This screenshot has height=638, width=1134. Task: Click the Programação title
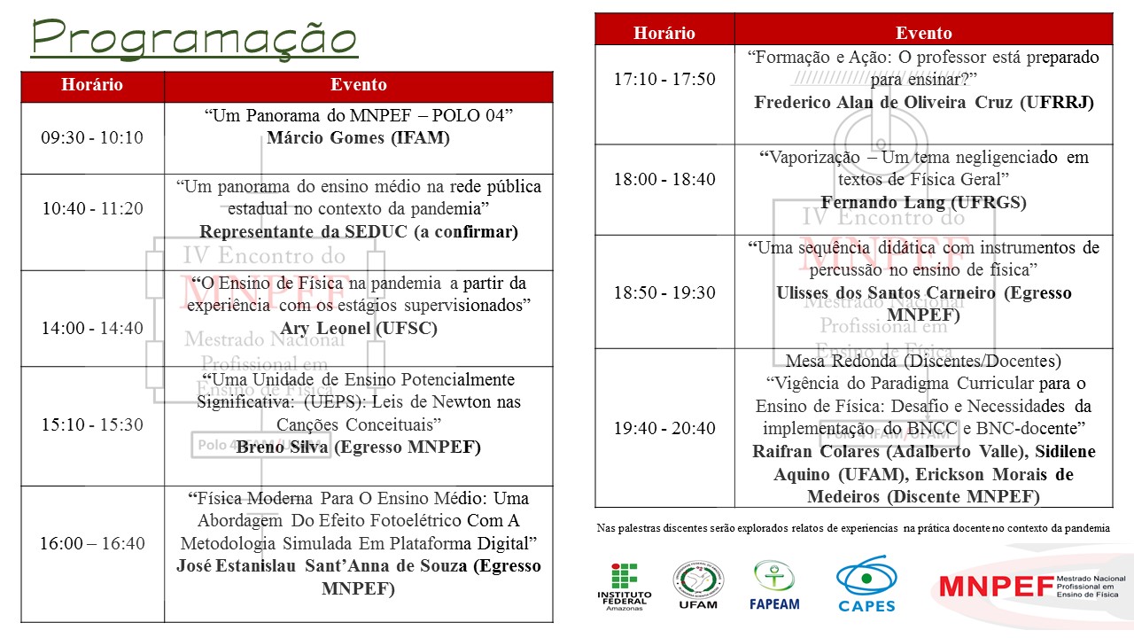194,37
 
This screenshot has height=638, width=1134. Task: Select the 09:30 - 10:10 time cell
92,137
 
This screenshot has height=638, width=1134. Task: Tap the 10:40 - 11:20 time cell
92,208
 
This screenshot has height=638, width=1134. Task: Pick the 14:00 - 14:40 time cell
92,328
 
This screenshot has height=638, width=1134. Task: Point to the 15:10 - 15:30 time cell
92,424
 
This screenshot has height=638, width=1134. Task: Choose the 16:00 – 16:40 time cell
92,543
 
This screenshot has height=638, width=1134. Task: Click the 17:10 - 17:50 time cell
664,79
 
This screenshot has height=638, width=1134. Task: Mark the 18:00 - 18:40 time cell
664,179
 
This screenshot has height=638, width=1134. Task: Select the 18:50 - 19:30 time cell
664,292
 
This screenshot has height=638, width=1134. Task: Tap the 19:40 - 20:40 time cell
664,428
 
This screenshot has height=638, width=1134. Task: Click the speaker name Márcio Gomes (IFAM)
359,137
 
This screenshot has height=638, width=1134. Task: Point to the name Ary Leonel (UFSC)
359,329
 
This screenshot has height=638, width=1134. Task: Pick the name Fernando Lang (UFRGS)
923,202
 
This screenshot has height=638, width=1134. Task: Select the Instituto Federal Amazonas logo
624,586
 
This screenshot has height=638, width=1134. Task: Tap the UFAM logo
697,586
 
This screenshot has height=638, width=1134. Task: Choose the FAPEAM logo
775,586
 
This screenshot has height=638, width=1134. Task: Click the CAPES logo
866,584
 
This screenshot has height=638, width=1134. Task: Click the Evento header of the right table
923,33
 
